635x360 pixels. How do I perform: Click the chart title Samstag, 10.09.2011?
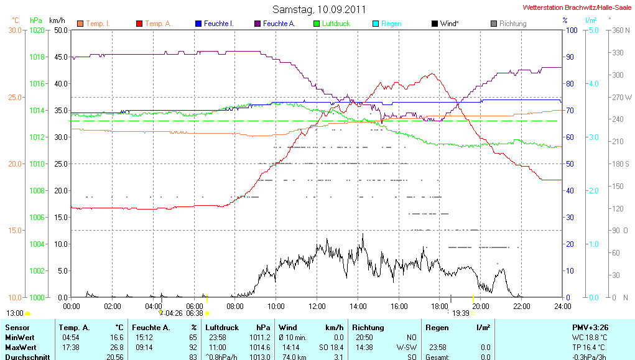pyautogui.click(x=319, y=10)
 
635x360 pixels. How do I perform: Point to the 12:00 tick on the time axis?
pyautogui.click(x=317, y=306)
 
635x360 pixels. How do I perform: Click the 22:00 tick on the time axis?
pyautogui.click(x=521, y=306)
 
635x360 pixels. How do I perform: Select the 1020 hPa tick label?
pyautogui.click(x=37, y=30)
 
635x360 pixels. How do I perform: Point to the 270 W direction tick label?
pyautogui.click(x=622, y=97)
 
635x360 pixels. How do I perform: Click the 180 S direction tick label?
pyautogui.click(x=621, y=164)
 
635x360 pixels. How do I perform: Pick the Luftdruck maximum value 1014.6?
pyautogui.click(x=264, y=347)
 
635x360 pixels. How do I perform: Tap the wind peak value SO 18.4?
pyautogui.click(x=331, y=347)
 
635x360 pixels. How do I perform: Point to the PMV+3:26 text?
pyautogui.click(x=590, y=327)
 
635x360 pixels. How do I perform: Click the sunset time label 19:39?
pyautogui.click(x=461, y=313)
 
